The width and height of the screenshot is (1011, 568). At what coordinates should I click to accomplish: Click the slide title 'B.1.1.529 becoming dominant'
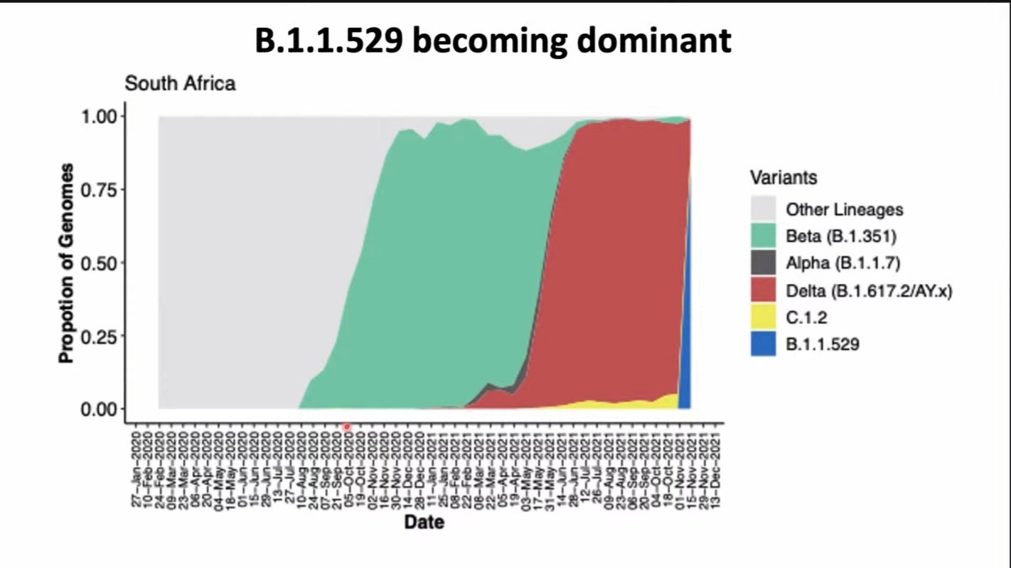click(x=493, y=41)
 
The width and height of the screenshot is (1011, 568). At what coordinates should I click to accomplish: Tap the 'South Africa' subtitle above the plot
click(x=180, y=83)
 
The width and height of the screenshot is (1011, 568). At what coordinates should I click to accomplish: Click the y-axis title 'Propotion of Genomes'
click(x=66, y=263)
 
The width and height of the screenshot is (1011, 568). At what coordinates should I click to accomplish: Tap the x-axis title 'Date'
click(x=424, y=522)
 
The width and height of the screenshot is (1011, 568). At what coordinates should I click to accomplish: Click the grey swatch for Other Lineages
click(x=763, y=209)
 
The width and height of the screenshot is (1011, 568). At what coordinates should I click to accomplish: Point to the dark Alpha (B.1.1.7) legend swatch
click(x=763, y=263)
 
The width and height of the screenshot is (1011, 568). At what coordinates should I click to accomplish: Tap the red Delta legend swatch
click(x=763, y=290)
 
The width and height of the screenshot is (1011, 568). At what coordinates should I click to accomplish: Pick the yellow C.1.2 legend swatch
click(x=763, y=317)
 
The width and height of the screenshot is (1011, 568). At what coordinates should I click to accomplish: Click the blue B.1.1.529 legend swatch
click(x=763, y=345)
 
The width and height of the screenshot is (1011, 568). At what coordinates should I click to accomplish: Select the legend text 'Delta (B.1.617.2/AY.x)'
click(x=869, y=290)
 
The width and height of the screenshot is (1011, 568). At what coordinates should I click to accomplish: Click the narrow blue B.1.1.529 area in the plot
click(x=685, y=342)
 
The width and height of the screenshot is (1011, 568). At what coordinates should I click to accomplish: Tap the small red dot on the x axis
click(x=347, y=427)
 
